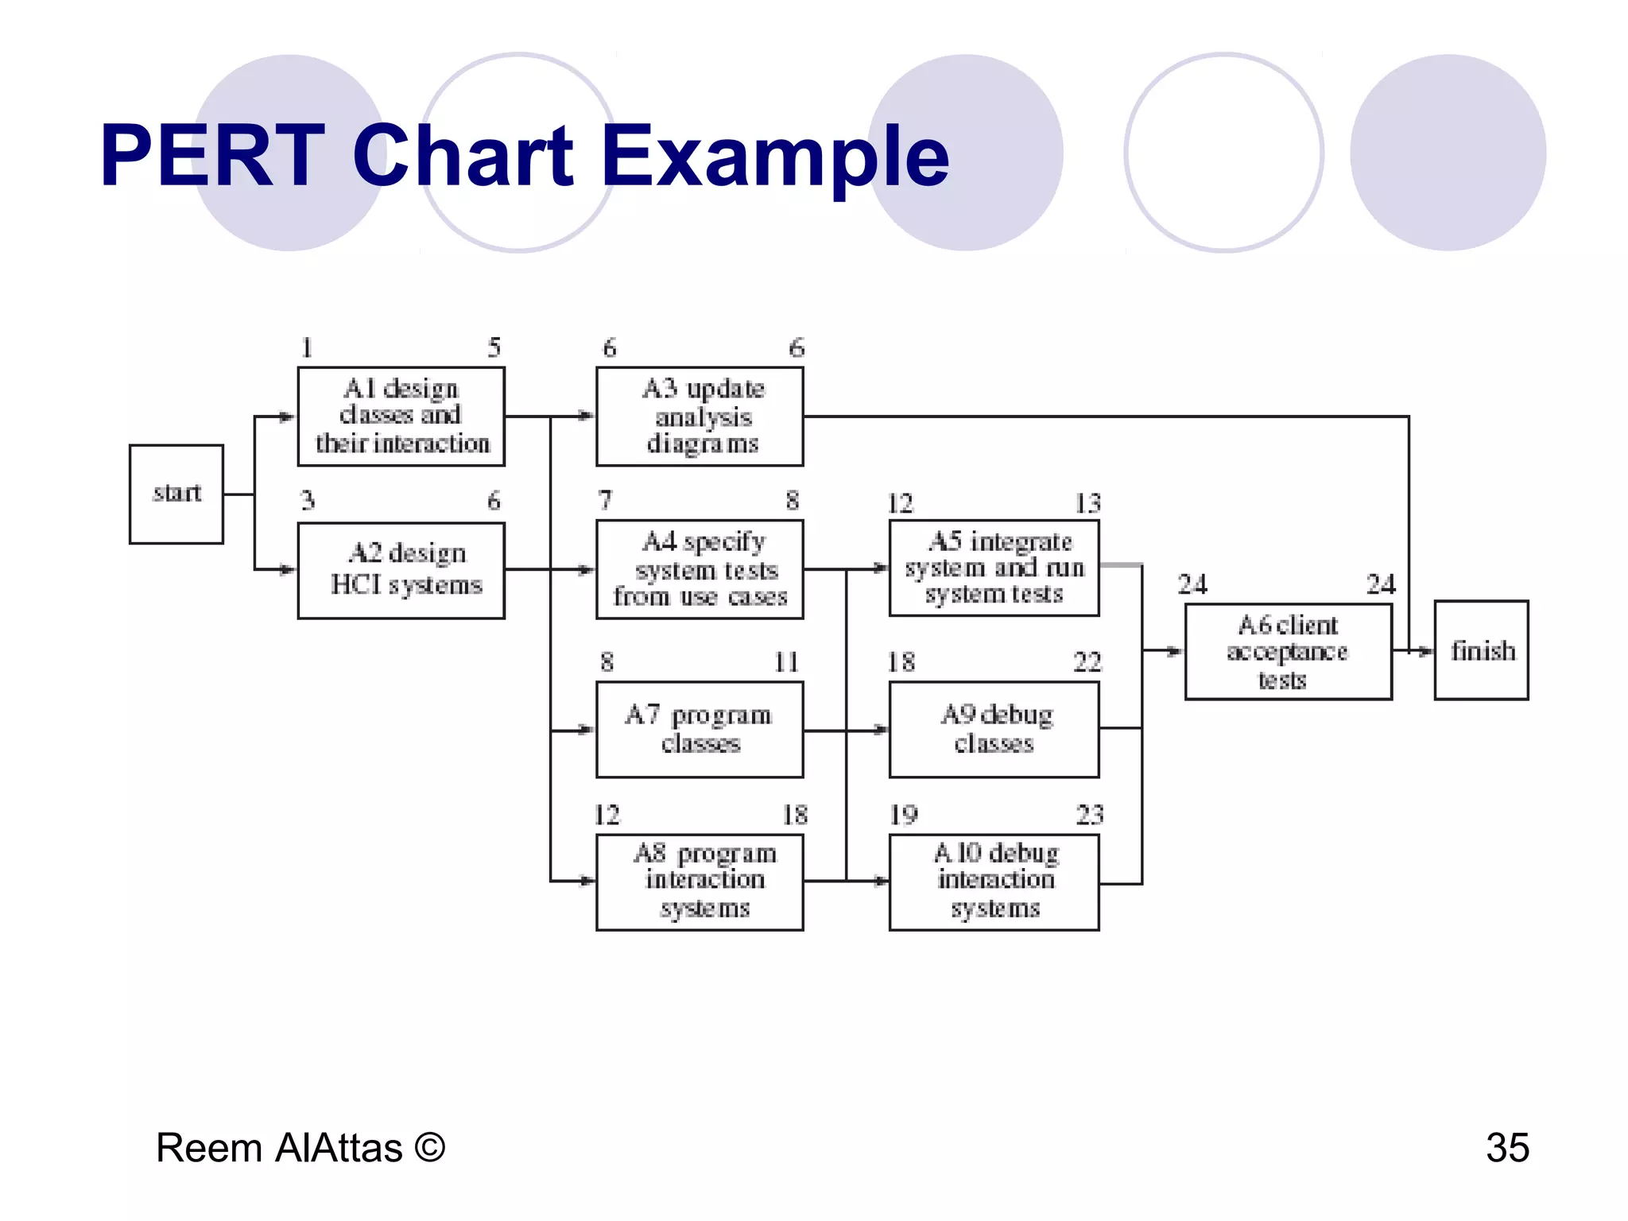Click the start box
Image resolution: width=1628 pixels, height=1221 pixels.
coord(176,494)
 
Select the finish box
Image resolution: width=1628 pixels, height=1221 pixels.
coord(1481,650)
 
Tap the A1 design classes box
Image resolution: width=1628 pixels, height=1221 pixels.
coord(401,417)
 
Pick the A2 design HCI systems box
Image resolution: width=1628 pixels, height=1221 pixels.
coord(401,570)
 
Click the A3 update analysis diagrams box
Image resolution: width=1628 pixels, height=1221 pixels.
coord(700,417)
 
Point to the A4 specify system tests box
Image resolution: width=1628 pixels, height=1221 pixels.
coord(700,569)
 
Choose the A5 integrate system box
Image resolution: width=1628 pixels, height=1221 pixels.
coord(994,568)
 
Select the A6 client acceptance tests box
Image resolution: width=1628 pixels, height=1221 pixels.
coord(1288,652)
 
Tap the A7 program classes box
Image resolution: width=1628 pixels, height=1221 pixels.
coord(700,729)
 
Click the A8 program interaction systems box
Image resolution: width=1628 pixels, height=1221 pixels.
coord(700,882)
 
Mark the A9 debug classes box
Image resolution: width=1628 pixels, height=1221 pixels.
coord(994,729)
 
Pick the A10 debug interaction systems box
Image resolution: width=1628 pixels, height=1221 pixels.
coord(994,882)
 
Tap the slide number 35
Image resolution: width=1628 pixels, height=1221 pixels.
coord(1507,1148)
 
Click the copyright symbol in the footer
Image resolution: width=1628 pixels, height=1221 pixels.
coord(429,1148)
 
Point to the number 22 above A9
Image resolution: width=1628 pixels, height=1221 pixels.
coord(1087,661)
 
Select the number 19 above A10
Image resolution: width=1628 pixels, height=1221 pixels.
coord(903,815)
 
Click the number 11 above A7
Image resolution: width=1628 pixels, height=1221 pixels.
coord(786,661)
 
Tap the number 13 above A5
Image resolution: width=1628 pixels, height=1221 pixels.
coord(1087,503)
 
